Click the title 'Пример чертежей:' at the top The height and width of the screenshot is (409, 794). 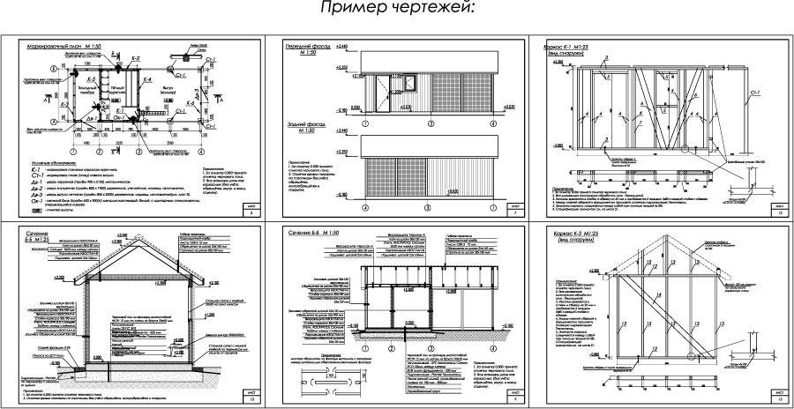[396, 10]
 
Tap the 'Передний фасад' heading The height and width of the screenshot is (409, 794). [307, 46]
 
